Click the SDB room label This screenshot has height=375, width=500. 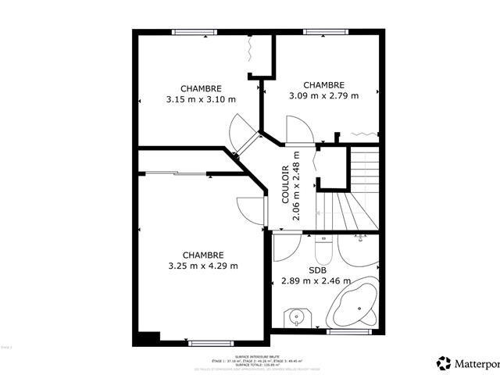click(x=316, y=270)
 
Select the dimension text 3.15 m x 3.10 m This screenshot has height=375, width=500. click(x=201, y=99)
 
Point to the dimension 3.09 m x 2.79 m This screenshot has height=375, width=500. click(x=323, y=96)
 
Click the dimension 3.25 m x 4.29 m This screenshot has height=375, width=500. click(x=203, y=266)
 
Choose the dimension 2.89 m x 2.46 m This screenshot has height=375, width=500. click(x=316, y=280)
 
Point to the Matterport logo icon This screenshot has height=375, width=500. click(x=444, y=362)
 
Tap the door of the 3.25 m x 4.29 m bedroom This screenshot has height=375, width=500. click(x=250, y=209)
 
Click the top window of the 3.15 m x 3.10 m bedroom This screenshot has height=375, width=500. click(x=195, y=32)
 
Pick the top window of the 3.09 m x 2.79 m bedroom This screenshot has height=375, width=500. click(x=319, y=32)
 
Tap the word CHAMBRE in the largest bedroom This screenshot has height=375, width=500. click(x=203, y=255)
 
